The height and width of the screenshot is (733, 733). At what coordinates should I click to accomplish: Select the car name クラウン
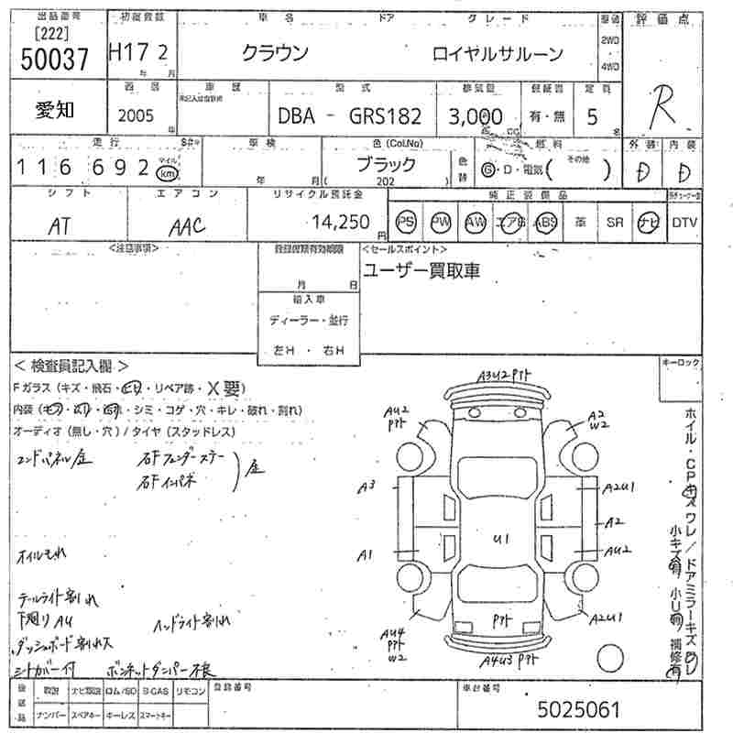click(x=275, y=53)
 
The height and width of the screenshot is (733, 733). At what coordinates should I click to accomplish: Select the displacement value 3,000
click(x=475, y=116)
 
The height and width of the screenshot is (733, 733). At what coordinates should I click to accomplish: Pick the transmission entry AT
click(x=58, y=224)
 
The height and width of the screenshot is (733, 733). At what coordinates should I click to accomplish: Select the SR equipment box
click(x=615, y=223)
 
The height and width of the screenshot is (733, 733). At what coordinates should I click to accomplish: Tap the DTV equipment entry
click(x=684, y=223)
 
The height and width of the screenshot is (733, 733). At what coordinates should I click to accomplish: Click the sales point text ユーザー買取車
click(x=421, y=271)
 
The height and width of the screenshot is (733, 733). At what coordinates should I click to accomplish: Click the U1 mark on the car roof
click(x=500, y=538)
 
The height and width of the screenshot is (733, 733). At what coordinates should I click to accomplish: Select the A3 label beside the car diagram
click(x=367, y=487)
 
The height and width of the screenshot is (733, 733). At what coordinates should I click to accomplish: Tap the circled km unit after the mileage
click(x=167, y=172)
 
